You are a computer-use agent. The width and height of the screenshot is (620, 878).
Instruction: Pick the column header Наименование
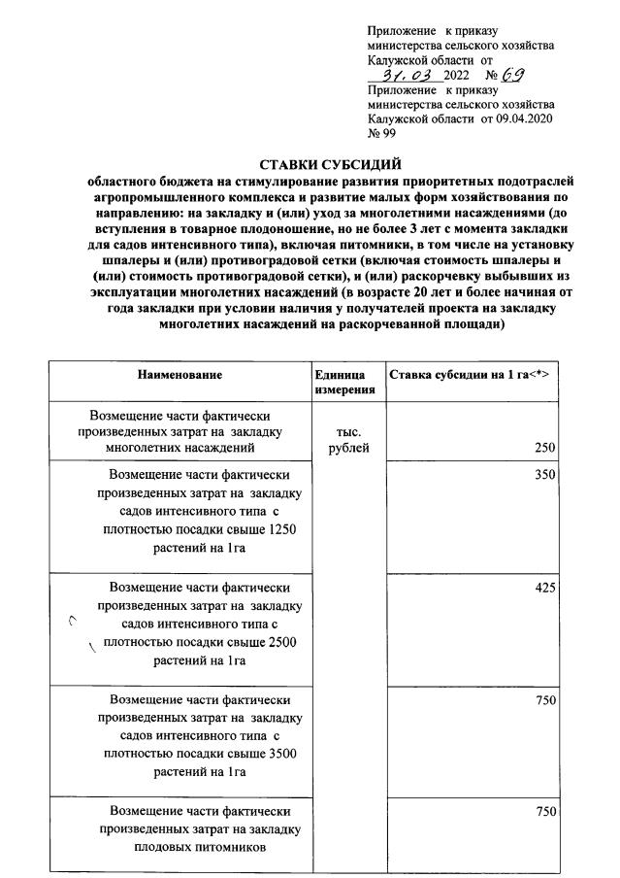click(179, 375)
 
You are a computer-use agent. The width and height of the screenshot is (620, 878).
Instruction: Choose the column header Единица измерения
click(341, 382)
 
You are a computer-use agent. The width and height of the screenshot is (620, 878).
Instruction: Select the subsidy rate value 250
click(544, 448)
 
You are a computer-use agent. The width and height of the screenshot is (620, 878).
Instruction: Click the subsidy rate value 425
click(544, 588)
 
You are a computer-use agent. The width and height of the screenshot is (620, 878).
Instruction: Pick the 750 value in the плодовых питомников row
click(544, 810)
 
